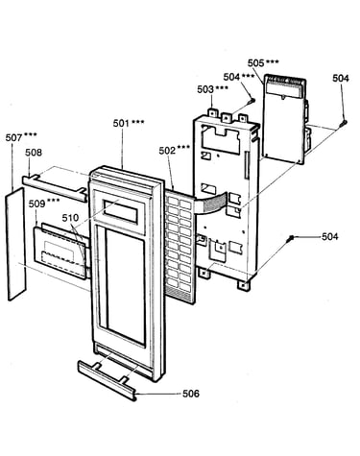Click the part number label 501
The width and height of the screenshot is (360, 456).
[x=121, y=123]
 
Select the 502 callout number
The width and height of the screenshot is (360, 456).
[x=167, y=151]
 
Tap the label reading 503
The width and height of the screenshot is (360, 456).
[x=205, y=89]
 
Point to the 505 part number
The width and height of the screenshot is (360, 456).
[x=255, y=63]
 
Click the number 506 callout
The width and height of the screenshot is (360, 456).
[x=191, y=394]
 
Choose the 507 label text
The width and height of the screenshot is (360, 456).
[x=13, y=138]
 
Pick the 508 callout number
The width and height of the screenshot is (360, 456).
[x=34, y=153]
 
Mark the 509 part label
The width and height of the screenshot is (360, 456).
[x=37, y=204]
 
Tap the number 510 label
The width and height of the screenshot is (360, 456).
[x=70, y=218]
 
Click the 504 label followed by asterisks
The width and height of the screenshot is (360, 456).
[x=231, y=77]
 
